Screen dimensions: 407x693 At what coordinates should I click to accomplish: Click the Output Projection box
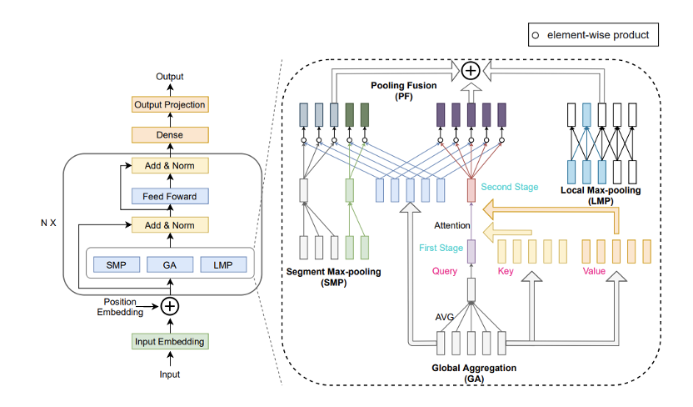170,104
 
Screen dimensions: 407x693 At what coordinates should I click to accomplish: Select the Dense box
170,134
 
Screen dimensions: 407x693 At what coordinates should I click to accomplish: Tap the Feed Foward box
170,196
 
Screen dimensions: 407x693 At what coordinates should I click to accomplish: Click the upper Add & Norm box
170,165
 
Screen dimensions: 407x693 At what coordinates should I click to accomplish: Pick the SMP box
117,264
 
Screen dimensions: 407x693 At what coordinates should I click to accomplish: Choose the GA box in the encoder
170,264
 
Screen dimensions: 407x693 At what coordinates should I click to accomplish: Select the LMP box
223,264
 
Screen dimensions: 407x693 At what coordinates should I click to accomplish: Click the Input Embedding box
170,341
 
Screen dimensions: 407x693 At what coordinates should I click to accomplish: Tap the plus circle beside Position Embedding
170,305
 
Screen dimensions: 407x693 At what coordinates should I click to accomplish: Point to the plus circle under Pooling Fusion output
471,71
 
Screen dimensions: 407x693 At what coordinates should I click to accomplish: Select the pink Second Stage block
471,189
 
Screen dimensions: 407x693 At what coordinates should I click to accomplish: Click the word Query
446,271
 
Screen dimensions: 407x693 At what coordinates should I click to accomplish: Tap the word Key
506,271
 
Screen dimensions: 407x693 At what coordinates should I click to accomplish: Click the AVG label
445,318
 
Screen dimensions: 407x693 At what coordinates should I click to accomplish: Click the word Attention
450,225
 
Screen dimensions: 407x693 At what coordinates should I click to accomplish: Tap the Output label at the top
170,77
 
